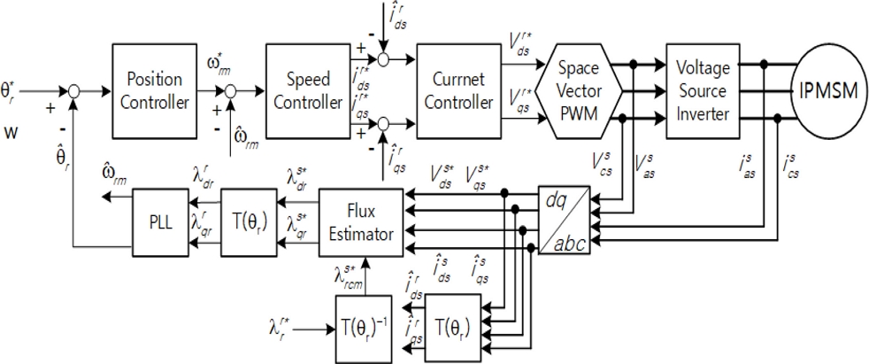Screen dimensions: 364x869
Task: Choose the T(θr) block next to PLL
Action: (x=248, y=216)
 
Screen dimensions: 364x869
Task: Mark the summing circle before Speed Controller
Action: (x=233, y=90)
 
